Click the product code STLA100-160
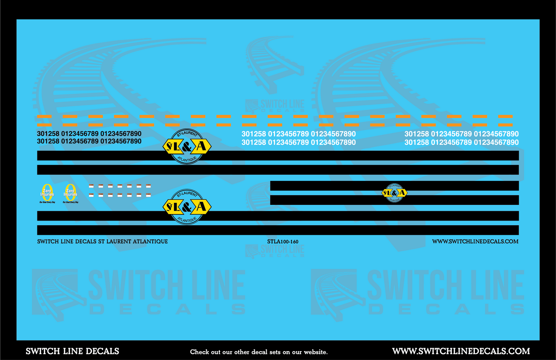(282, 242)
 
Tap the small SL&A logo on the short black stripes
(394, 193)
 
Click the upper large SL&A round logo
(187, 146)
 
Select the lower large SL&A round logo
(187, 207)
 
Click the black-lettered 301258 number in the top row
(48, 134)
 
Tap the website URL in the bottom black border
(461, 351)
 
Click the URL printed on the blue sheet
(475, 242)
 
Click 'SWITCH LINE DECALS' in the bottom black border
(72, 351)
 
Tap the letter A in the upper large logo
(201, 146)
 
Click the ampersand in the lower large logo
(187, 208)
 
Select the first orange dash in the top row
(44, 116)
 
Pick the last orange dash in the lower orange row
(505, 125)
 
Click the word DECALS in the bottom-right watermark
(446, 309)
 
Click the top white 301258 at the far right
(416, 134)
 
